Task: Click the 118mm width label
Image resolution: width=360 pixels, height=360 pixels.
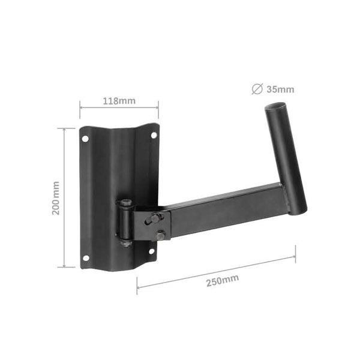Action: tap(119, 100)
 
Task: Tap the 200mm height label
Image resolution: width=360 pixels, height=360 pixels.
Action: tap(56, 198)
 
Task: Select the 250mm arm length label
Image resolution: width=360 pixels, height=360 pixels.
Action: tap(221, 280)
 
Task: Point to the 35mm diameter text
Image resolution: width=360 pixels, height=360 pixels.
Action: tap(281, 90)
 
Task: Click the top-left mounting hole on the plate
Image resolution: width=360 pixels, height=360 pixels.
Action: tap(85, 139)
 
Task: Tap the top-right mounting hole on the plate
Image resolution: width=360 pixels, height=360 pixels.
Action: tap(154, 136)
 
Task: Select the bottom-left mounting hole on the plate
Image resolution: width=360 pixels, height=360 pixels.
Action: tap(85, 258)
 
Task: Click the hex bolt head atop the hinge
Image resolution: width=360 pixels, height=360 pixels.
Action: tap(126, 203)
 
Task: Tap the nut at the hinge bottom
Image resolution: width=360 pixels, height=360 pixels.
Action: tap(125, 243)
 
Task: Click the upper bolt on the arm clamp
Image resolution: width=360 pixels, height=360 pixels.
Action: tap(155, 218)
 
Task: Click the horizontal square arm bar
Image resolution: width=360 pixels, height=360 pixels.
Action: tap(228, 207)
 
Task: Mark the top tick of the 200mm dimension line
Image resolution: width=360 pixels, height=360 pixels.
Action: tap(66, 128)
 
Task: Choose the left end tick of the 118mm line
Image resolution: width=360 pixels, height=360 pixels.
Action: tap(80, 109)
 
